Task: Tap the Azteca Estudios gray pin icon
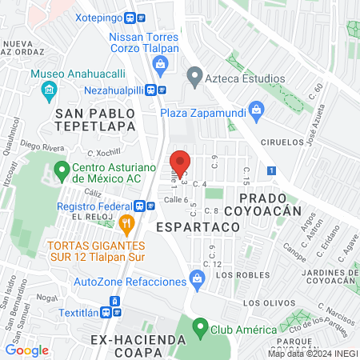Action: tap(193, 78)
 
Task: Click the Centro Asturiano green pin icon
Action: tap(61, 170)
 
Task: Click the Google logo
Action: tap(26, 350)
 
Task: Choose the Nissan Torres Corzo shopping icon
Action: tap(162, 64)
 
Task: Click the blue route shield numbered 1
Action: tap(273, 170)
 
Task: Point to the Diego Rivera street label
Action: tap(46, 146)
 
